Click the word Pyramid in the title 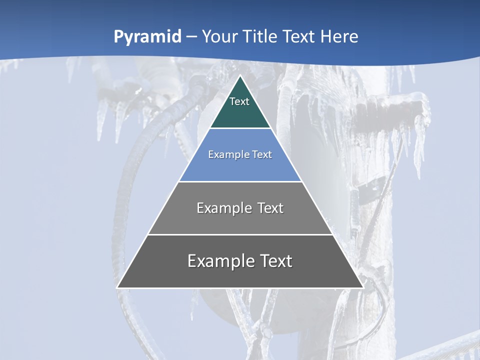(147, 37)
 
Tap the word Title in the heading (263, 37)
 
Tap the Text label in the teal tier (239, 101)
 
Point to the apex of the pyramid (240, 76)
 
